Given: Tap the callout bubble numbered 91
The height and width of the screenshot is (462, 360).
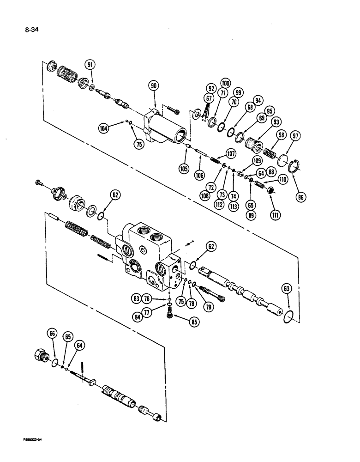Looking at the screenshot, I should point(90,65).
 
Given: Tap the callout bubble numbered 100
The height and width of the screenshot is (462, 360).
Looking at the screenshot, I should point(225,83).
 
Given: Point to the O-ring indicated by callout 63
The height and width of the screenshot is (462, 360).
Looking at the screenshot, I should point(287,316).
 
